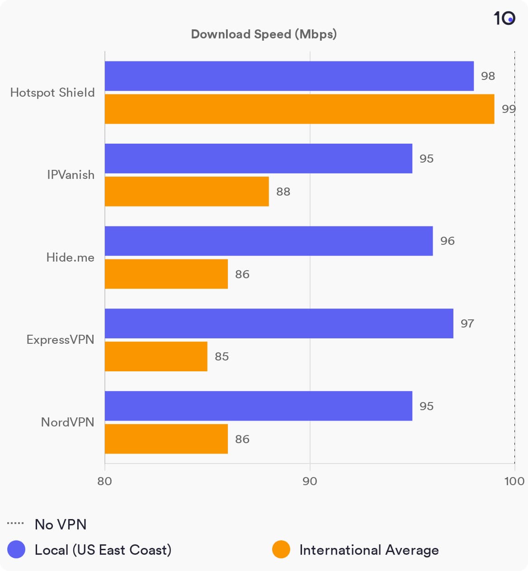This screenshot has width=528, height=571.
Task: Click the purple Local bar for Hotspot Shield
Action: [x=289, y=76]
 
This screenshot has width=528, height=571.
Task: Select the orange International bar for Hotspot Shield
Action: [x=299, y=109]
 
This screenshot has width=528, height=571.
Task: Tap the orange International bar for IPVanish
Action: [x=187, y=192]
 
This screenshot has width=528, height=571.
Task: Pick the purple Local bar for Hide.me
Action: [x=269, y=241]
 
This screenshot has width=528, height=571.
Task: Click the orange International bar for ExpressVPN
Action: [x=156, y=356]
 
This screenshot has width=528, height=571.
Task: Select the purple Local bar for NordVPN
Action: [x=259, y=406]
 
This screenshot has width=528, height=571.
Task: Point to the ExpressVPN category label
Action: [x=60, y=340]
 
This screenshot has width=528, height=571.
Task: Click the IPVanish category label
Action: [x=71, y=175]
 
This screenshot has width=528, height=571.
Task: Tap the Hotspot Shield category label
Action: [x=52, y=93]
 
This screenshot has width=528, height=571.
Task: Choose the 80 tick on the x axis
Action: [x=104, y=481]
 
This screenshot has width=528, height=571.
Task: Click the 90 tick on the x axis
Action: [x=310, y=481]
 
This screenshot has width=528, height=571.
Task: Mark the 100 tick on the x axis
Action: [x=514, y=481]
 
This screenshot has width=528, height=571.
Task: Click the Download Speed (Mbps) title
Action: [x=264, y=34]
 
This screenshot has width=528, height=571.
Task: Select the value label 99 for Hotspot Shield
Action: [x=509, y=109]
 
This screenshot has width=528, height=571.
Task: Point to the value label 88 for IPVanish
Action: [x=283, y=192]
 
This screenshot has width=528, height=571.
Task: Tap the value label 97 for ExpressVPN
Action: [x=467, y=323]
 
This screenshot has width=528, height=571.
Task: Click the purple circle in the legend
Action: [x=16, y=550]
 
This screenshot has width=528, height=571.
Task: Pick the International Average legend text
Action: [x=369, y=550]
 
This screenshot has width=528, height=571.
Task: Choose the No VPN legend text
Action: [x=61, y=524]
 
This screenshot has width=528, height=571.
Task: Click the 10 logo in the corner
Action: [x=504, y=18]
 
